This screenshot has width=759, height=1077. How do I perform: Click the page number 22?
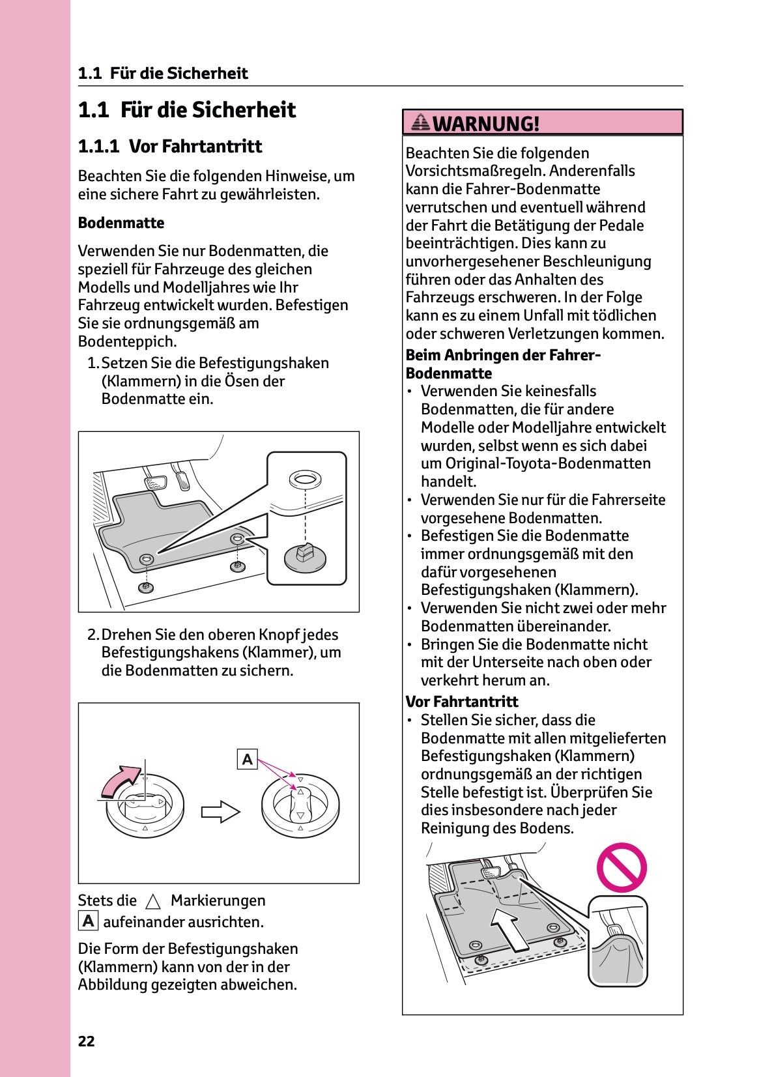pyautogui.click(x=86, y=1041)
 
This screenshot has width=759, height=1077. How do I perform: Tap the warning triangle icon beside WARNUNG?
pyautogui.click(x=421, y=122)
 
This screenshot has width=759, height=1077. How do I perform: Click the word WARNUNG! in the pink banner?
pyautogui.click(x=486, y=123)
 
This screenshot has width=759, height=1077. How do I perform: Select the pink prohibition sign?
pyautogui.click(x=622, y=867)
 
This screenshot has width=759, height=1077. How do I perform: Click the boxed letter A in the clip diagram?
pyautogui.click(x=248, y=759)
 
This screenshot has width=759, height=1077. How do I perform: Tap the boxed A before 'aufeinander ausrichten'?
pyautogui.click(x=88, y=921)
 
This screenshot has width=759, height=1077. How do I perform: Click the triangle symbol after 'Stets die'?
pyautogui.click(x=153, y=902)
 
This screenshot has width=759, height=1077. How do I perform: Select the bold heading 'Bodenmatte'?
pyautogui.click(x=121, y=223)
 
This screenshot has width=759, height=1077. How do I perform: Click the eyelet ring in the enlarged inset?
pyautogui.click(x=304, y=480)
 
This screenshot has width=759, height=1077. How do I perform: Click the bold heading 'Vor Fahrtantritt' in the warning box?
pyautogui.click(x=461, y=702)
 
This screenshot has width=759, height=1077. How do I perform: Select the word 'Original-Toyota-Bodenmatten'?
pyautogui.click(x=547, y=463)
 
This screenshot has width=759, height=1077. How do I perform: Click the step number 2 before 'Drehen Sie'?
pyautogui.click(x=93, y=635)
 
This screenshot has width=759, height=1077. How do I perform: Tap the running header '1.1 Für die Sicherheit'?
pyautogui.click(x=163, y=73)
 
